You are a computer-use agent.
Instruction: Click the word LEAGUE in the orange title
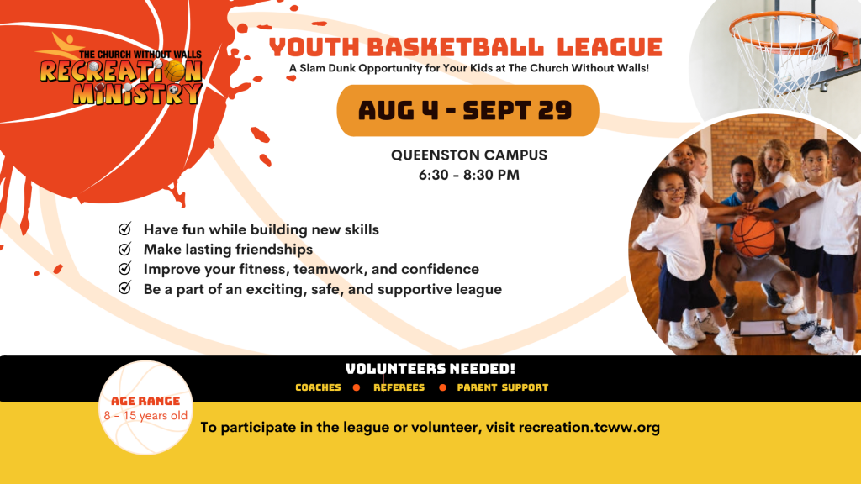(x=610, y=47)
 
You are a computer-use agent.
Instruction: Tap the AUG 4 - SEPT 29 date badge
(x=467, y=110)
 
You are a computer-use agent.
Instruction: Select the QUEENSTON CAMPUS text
(x=469, y=155)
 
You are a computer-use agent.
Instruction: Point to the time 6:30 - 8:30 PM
(x=469, y=175)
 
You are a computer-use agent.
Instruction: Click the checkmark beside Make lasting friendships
(x=125, y=249)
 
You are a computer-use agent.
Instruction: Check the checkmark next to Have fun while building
(x=125, y=229)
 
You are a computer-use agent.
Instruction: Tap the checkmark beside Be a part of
(x=125, y=287)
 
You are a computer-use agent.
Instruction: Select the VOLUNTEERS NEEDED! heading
(x=430, y=369)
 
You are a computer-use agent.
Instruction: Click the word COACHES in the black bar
(x=318, y=387)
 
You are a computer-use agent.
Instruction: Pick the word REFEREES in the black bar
(x=399, y=387)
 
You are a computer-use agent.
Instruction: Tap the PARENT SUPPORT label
(x=503, y=387)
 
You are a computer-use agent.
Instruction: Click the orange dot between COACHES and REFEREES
(x=357, y=387)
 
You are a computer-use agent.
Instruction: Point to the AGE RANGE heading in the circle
(x=145, y=401)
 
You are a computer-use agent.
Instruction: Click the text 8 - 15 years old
(x=145, y=416)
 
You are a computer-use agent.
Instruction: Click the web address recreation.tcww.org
(x=589, y=428)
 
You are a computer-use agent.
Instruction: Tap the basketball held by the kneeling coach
(x=754, y=236)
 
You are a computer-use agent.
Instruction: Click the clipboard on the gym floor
(x=763, y=329)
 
